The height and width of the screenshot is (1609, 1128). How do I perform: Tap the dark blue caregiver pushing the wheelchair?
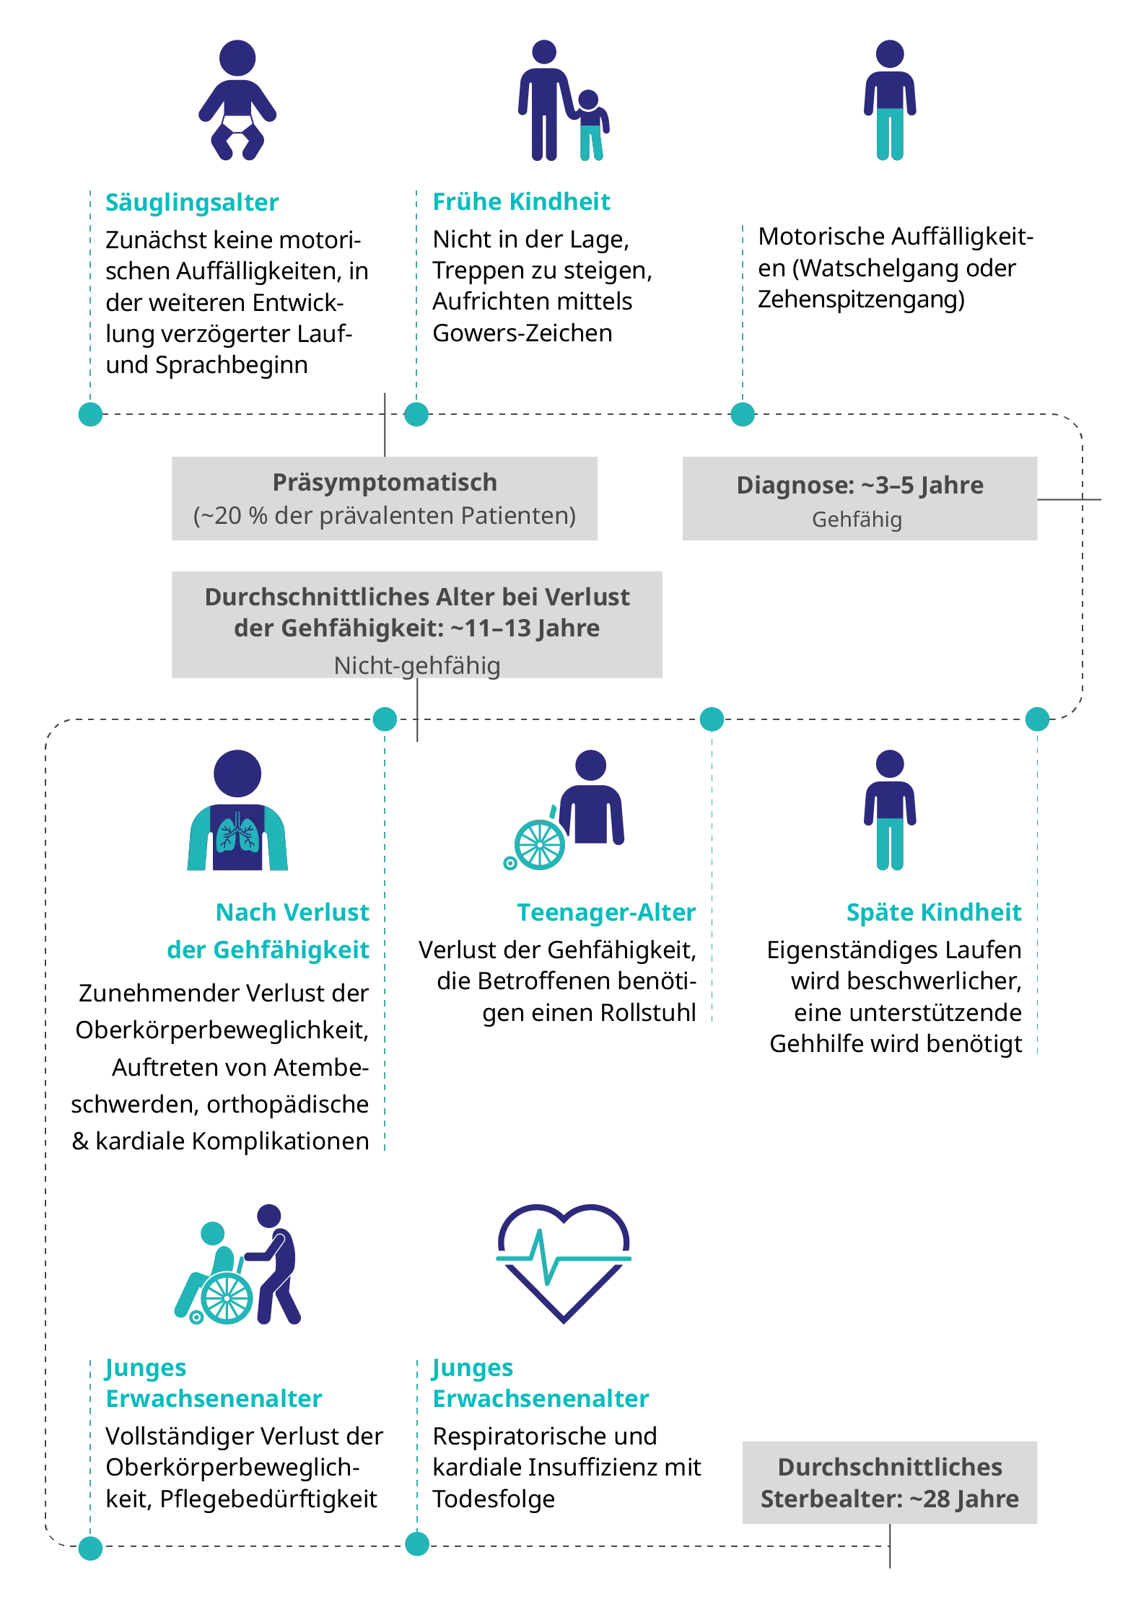pos(278,1262)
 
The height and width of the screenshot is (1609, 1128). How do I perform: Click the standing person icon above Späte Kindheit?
pos(888,809)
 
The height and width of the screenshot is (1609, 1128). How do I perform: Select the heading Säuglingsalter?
pos(192,203)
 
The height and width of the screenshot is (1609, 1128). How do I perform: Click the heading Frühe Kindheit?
pos(521,203)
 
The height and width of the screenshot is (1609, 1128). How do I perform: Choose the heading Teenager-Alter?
pos(607,913)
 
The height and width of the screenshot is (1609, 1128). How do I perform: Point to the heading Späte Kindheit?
pos(933,913)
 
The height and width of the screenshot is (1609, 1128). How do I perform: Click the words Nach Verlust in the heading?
pos(292,913)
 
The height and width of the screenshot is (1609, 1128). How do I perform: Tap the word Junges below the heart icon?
pos(473,1368)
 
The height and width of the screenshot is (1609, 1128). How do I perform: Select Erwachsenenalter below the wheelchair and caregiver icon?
pos(213,1398)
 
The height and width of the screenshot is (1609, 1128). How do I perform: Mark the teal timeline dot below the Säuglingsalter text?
pos(89,414)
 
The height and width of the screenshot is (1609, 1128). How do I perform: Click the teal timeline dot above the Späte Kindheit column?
pos(1037,719)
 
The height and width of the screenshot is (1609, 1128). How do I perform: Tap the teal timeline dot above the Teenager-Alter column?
pos(712,719)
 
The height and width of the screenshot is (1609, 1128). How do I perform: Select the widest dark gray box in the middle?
pos(415,623)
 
